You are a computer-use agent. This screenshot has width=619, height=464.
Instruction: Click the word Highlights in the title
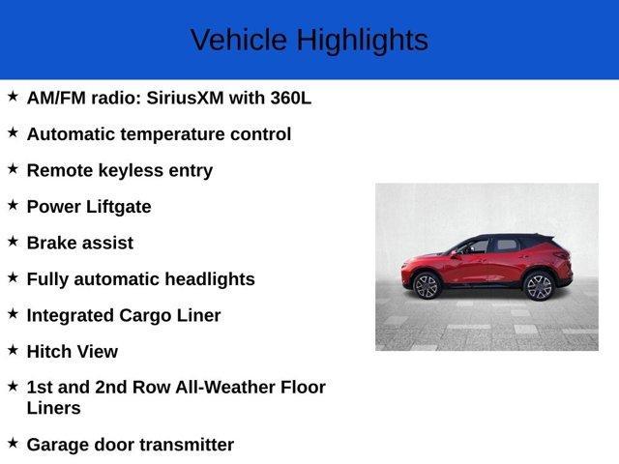point(362,41)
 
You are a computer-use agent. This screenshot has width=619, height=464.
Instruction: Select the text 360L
point(288,98)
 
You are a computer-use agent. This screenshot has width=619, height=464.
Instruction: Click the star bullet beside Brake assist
point(13,241)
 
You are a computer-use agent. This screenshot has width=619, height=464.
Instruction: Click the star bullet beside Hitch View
point(13,349)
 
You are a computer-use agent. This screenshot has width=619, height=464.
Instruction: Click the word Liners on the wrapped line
point(53,408)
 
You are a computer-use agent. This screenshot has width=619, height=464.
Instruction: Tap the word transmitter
point(184,445)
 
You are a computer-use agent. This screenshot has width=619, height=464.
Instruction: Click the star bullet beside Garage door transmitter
point(13,443)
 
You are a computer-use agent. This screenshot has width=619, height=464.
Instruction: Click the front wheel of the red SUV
point(427,285)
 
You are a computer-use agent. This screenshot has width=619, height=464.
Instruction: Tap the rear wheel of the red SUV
point(538,286)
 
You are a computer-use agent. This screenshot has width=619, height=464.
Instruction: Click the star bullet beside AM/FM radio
point(13,96)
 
